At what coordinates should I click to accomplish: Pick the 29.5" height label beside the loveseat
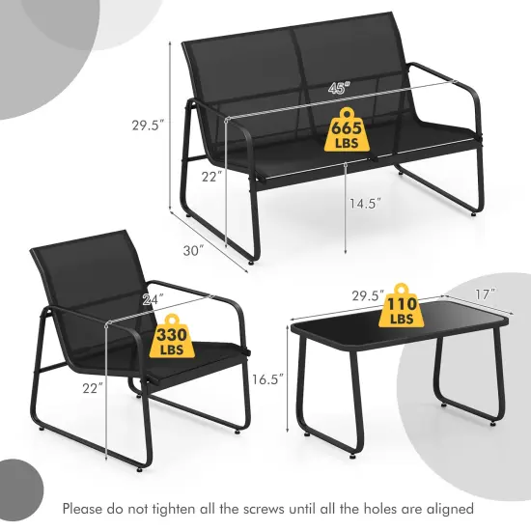tap(148, 125)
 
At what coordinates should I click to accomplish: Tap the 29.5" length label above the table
tap(367, 293)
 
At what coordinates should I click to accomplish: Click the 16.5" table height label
tap(266, 380)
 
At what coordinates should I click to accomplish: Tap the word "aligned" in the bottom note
tap(446, 507)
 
